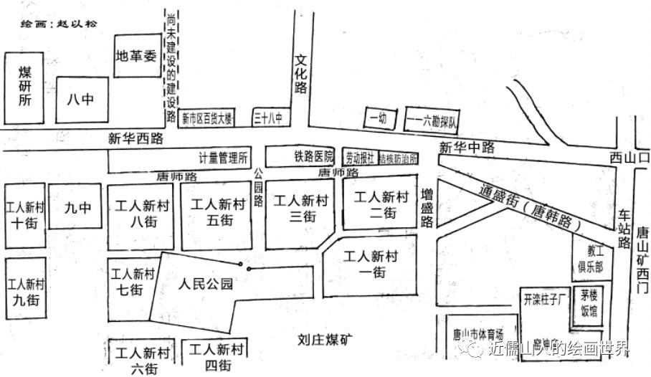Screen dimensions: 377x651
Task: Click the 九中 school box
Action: [77, 207]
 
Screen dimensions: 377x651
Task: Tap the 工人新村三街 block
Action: [300, 209]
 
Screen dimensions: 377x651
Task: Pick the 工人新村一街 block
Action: [369, 263]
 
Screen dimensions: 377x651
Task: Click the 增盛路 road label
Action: [427, 207]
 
